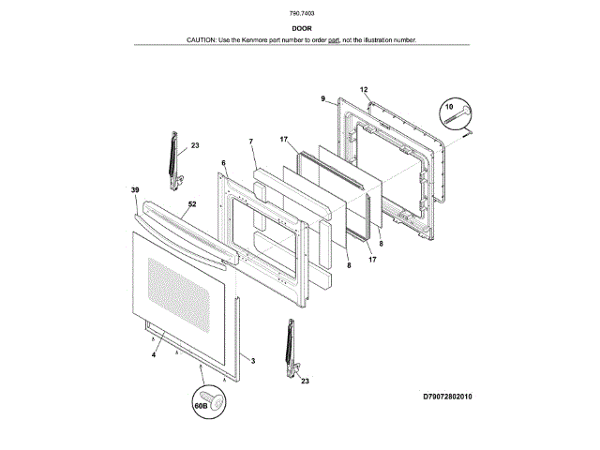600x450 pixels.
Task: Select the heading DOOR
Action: point(301,29)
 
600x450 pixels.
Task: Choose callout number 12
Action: point(364,89)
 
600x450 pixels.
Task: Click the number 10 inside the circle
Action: point(447,109)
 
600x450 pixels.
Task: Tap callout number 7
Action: point(251,142)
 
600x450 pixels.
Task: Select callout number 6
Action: point(223,163)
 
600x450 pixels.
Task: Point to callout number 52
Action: point(192,202)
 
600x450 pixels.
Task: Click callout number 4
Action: point(153,354)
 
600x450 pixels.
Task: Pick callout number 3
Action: point(252,359)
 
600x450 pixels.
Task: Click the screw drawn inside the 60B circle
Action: point(217,401)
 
